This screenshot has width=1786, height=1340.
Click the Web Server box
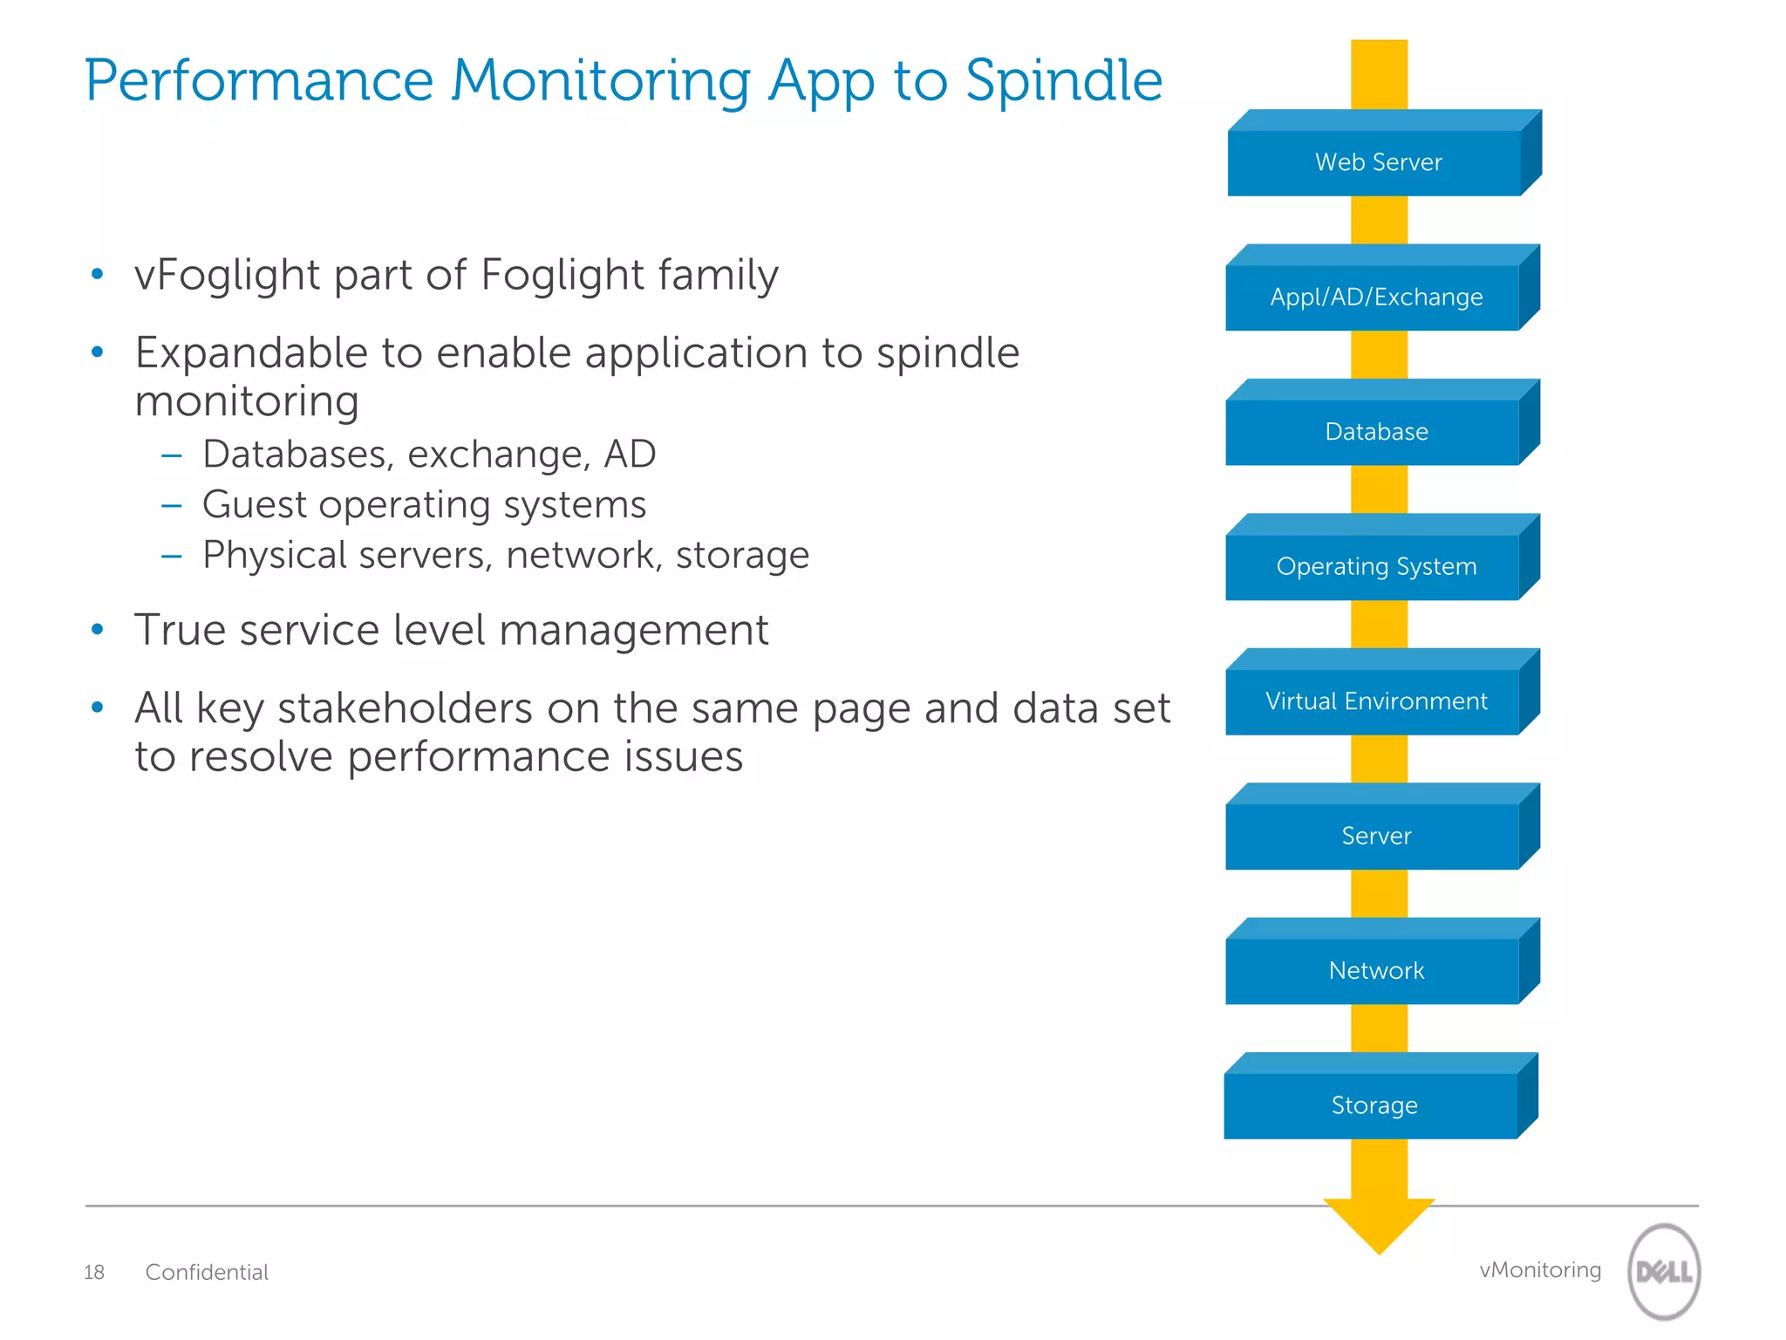[x=1377, y=162]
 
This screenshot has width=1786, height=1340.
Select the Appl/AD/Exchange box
[x=1375, y=297]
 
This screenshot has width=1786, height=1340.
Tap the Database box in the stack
[x=1375, y=432]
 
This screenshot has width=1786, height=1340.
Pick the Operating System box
[x=1375, y=567]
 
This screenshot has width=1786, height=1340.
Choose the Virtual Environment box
[x=1375, y=701]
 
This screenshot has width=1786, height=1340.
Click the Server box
[x=1375, y=836]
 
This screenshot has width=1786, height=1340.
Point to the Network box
[x=1375, y=971]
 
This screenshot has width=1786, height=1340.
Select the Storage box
[x=1374, y=1105]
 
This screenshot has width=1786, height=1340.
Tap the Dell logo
[x=1664, y=1271]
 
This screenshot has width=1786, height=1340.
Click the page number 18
[x=94, y=1273]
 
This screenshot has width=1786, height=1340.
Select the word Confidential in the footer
[x=207, y=1273]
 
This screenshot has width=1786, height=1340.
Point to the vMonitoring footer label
[x=1540, y=1270]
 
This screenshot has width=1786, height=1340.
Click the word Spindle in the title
[x=1064, y=81]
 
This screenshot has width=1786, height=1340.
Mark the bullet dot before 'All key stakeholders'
[x=98, y=708]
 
